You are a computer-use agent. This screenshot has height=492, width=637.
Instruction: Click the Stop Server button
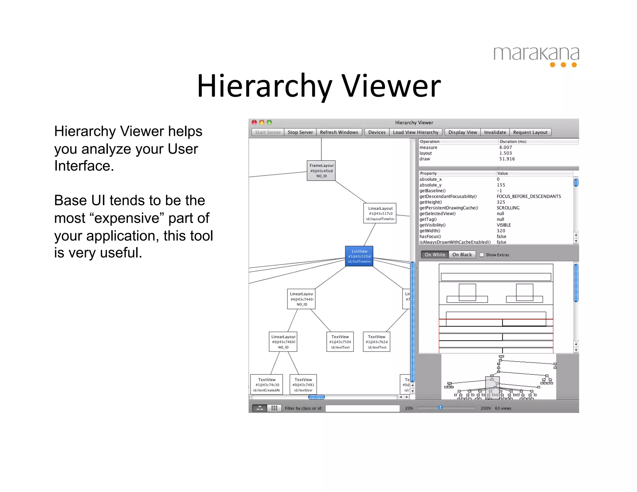coord(300,132)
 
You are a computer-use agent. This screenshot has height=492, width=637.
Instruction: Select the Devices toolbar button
coord(377,132)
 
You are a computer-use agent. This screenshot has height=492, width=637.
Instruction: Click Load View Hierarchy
coord(416,132)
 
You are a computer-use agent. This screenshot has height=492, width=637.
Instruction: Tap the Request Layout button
coord(530,132)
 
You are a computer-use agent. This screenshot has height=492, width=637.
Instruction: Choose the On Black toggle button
coord(462,255)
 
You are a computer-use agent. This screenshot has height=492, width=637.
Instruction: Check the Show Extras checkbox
coord(482,255)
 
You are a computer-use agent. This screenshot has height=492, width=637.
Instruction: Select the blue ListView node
coord(359,256)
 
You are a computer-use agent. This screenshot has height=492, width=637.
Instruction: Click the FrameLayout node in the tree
coord(321,171)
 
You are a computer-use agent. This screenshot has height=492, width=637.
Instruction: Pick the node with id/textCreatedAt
coord(267,385)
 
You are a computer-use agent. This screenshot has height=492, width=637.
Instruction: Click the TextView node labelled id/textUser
coord(303,385)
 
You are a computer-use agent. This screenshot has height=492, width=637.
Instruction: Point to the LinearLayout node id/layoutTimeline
coord(380,213)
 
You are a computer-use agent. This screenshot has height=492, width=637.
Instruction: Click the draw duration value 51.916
coord(507,159)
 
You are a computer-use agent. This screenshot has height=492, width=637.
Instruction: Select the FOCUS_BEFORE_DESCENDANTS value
coord(529,197)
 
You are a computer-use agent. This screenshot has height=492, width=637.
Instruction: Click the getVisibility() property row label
coord(432,225)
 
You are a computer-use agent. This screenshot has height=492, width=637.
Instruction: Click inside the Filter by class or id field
coord(362,408)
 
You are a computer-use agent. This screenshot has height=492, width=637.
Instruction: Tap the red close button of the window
coord(254,123)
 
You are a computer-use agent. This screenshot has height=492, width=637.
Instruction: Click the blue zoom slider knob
coord(440,407)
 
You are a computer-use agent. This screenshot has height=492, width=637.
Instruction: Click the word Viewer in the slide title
coord(391,86)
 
